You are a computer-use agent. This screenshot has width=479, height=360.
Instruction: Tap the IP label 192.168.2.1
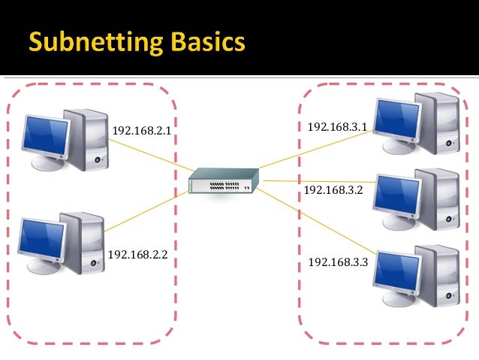142,131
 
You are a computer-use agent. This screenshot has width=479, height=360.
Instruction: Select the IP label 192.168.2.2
137,255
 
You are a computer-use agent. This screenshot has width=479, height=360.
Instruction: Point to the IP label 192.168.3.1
337,126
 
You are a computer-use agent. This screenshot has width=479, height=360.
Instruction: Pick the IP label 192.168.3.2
333,189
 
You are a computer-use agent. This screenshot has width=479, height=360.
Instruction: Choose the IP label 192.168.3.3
338,262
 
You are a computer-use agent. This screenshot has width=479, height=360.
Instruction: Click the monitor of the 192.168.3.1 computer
398,117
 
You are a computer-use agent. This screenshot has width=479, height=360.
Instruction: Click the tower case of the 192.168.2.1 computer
90,139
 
